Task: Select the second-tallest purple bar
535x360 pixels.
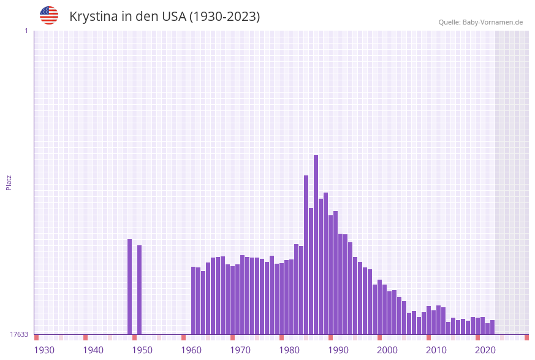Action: [x=306, y=255]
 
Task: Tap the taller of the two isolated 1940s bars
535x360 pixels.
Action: [x=130, y=286]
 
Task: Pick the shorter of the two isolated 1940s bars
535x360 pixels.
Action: [x=140, y=289]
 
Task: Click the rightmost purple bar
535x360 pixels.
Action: [x=493, y=327]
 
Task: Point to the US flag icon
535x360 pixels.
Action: [x=49, y=15]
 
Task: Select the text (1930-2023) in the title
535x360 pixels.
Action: [x=224, y=17]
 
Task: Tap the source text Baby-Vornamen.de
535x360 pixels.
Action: [x=493, y=22]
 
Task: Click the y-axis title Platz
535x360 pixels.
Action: [x=9, y=182]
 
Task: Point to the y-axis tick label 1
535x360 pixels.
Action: [x=26, y=31]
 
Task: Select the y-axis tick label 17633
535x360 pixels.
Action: [x=19, y=334]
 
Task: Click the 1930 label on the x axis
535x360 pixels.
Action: [x=44, y=350]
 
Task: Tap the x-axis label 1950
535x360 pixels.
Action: [x=142, y=350]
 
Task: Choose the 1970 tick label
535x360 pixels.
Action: [x=240, y=350]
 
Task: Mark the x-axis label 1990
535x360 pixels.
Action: [x=338, y=350]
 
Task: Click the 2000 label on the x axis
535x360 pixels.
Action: [x=387, y=350]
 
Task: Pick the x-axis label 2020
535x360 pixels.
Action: [x=485, y=350]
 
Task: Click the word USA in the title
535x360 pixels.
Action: [x=173, y=17]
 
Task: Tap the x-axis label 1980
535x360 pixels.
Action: [x=289, y=350]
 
